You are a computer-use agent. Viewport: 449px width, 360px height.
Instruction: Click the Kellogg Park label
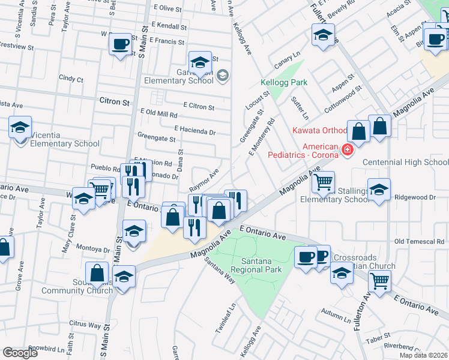284,82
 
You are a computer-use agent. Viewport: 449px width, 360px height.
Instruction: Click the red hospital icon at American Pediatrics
346,149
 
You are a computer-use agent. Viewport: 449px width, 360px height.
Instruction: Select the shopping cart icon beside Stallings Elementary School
324,181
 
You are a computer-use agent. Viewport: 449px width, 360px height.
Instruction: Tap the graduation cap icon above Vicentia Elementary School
20,127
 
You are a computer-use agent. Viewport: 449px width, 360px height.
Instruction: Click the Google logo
20,352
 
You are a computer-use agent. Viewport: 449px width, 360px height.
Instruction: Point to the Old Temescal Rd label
418,241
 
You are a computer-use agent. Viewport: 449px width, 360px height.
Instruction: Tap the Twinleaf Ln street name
223,322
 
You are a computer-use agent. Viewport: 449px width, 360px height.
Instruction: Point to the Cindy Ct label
71,79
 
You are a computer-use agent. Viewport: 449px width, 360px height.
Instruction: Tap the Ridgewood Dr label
415,197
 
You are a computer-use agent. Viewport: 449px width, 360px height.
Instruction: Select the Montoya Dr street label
94,249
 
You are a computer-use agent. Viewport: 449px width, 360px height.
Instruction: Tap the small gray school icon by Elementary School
223,75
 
